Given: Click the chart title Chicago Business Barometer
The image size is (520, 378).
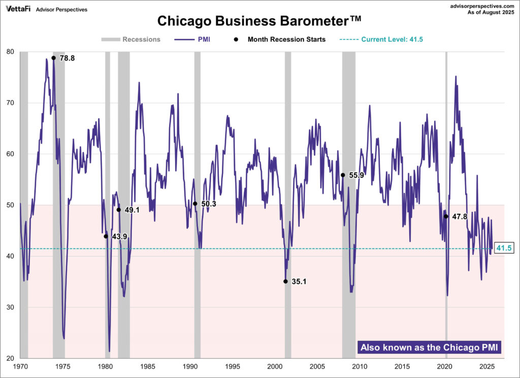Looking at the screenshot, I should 259,21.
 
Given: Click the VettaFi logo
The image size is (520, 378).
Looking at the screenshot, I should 18,9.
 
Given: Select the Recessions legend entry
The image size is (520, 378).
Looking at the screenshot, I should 131,39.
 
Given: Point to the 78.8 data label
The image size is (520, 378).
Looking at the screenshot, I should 67,58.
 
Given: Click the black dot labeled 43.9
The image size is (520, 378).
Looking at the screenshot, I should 106,236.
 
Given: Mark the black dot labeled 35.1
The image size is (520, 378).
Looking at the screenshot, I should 285,281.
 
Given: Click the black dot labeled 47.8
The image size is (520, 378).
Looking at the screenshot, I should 446,216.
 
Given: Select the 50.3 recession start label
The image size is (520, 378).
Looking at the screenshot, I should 209,204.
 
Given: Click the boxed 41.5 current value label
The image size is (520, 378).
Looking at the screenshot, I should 504,248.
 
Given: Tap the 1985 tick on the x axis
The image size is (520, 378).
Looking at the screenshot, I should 148,366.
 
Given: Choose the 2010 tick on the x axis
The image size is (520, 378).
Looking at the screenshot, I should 360,366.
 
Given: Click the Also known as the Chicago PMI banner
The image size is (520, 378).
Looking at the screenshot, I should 430,348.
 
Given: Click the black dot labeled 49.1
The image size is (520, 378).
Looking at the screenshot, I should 119,210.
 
